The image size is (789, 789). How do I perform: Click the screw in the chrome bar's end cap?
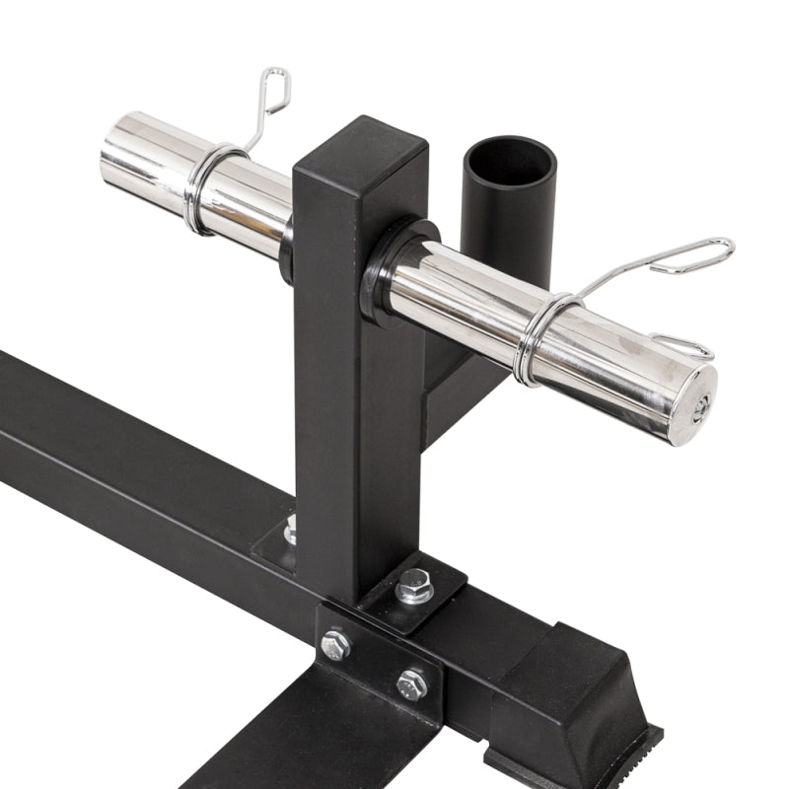[699, 409]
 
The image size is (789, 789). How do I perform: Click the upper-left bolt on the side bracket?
[336, 646]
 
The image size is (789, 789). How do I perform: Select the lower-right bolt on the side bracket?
[412, 683]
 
